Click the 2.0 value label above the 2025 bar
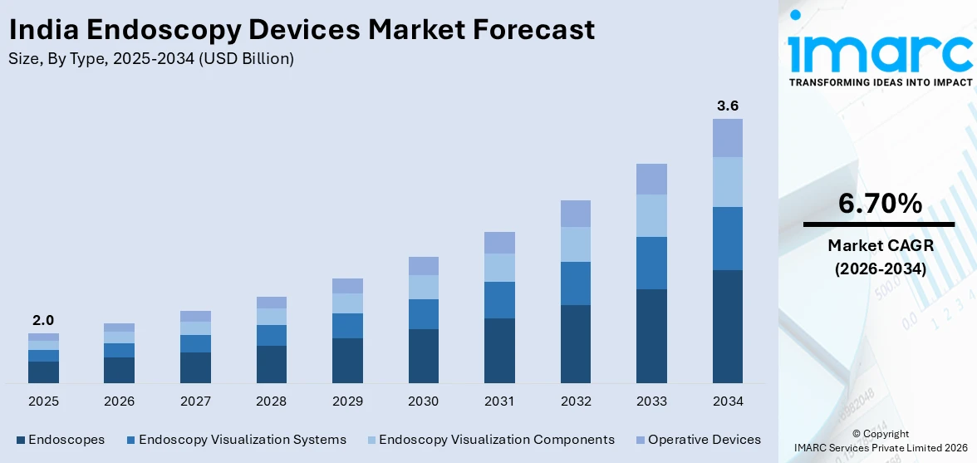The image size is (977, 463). tap(43, 320)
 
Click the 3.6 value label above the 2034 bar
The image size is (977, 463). tap(728, 106)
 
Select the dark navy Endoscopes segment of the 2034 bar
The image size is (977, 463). tap(728, 326)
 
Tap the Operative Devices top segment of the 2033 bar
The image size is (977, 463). tap(651, 179)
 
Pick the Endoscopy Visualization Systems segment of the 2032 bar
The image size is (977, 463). tap(576, 283)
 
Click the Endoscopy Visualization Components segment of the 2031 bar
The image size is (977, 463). tap(499, 268)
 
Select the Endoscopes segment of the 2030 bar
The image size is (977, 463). tap(423, 356)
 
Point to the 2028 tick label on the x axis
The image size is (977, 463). tap(272, 401)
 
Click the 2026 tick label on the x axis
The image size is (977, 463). tap(119, 401)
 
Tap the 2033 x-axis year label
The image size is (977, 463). tap(651, 401)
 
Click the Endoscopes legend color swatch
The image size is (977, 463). tap(20, 440)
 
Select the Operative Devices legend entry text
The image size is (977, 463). tap(705, 440)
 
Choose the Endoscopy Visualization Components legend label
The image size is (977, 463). tap(496, 440)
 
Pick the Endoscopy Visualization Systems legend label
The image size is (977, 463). tap(243, 440)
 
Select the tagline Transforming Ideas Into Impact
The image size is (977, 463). tap(880, 82)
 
